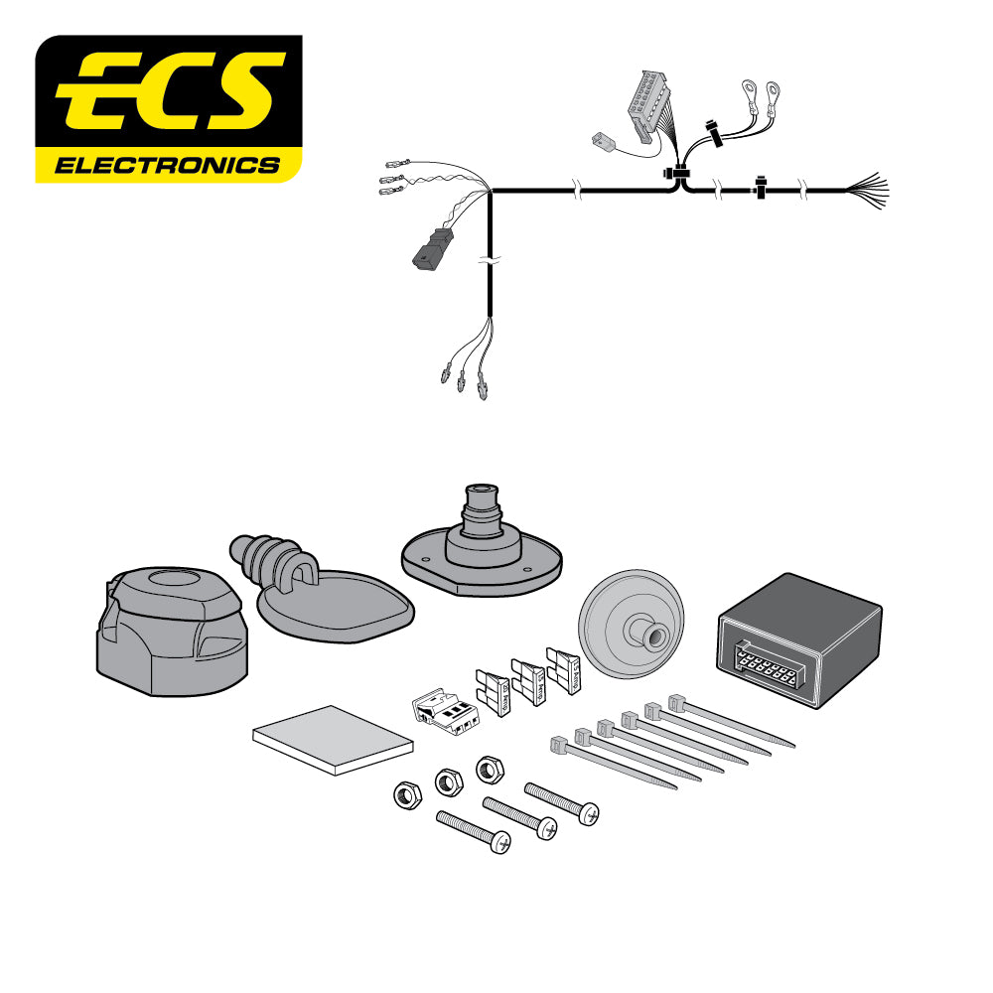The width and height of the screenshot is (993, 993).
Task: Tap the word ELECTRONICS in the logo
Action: click(167, 165)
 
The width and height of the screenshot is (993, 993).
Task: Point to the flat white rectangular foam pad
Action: click(333, 740)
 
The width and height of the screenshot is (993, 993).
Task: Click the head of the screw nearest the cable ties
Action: click(587, 815)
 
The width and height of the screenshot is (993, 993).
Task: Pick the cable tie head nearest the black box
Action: click(676, 702)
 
